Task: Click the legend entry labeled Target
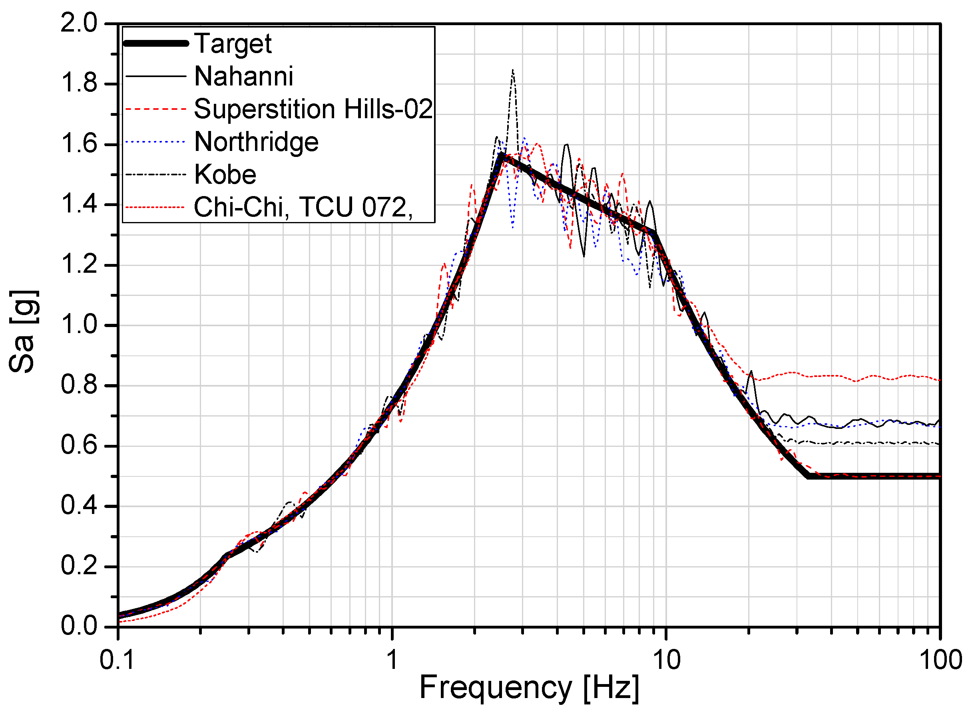[x=233, y=44]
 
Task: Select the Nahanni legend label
[x=243, y=77]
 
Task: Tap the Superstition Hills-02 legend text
[x=313, y=109]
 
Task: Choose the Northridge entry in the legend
[x=256, y=142]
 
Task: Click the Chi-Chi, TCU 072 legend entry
[x=303, y=207]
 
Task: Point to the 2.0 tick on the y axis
[x=79, y=23]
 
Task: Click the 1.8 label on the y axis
[x=79, y=83]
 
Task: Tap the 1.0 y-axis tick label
[x=79, y=325]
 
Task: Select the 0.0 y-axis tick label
[x=79, y=626]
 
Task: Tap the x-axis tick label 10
[x=666, y=660]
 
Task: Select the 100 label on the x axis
[x=940, y=660]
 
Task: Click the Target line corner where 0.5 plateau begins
[x=808, y=476]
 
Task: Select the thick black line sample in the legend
[x=156, y=43]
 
